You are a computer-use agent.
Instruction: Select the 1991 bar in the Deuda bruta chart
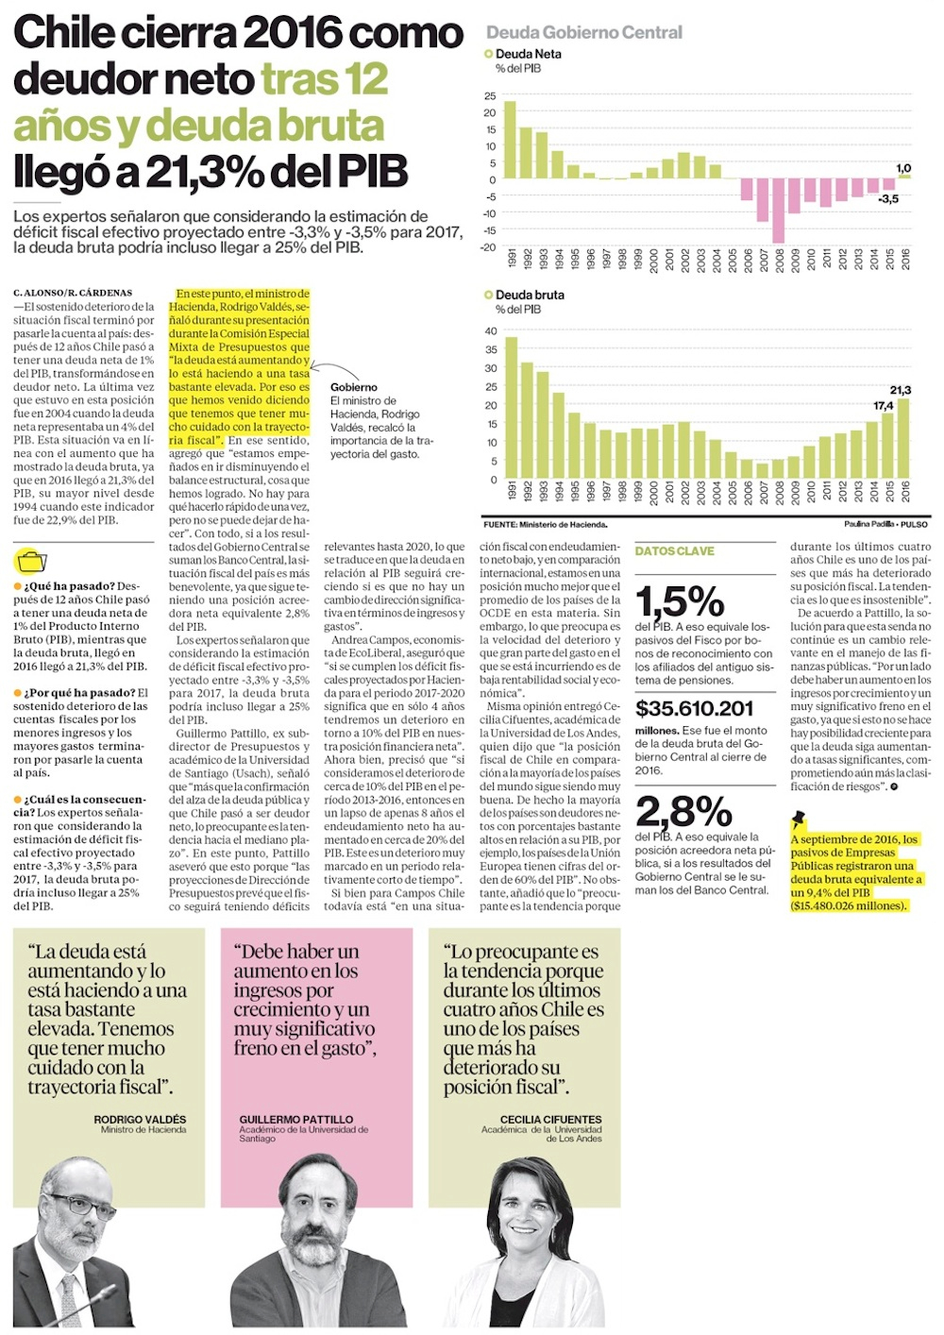click(511, 408)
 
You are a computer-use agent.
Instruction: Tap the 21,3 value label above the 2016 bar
click(900, 390)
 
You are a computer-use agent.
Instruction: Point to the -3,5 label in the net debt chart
click(887, 199)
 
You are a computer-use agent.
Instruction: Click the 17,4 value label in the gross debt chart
click(883, 406)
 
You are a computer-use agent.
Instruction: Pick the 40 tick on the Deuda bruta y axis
click(491, 331)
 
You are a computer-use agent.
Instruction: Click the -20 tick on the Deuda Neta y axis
click(488, 247)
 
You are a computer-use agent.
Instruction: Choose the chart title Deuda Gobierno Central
click(583, 33)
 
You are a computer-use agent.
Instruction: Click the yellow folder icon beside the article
click(31, 561)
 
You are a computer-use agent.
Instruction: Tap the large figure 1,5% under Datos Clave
click(679, 601)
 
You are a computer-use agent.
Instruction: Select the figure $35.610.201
click(694, 709)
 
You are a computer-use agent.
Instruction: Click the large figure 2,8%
click(683, 811)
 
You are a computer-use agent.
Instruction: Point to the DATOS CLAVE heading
click(674, 551)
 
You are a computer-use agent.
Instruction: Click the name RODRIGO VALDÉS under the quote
click(140, 1119)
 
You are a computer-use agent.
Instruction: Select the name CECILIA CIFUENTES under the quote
click(550, 1119)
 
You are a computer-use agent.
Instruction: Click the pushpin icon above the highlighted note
click(799, 819)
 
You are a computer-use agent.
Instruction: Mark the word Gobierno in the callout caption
click(353, 387)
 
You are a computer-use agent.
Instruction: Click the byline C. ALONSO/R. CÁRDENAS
click(73, 293)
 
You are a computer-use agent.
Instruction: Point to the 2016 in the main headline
click(294, 33)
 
